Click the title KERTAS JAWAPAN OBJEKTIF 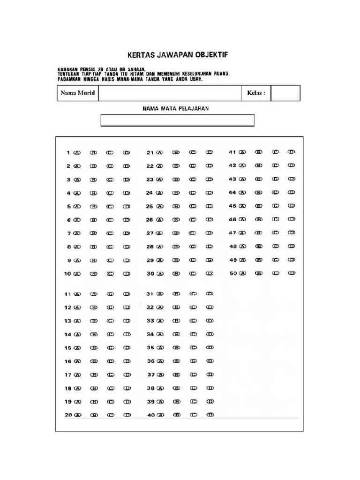click(178, 55)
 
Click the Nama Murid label click(78, 93)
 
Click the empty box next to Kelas click(285, 93)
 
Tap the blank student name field click(169, 93)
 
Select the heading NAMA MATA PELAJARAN click(175, 108)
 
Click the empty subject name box click(178, 120)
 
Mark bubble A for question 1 click(77, 152)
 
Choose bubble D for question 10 click(127, 274)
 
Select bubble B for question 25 click(176, 206)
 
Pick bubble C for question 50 click(276, 273)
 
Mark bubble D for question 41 click(292, 152)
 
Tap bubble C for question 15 click(110, 348)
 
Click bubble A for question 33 click(160, 321)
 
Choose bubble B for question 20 click(94, 415)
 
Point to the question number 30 click(150, 274)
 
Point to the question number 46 click(232, 219)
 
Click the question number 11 click(67, 294)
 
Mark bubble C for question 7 click(110, 233)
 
